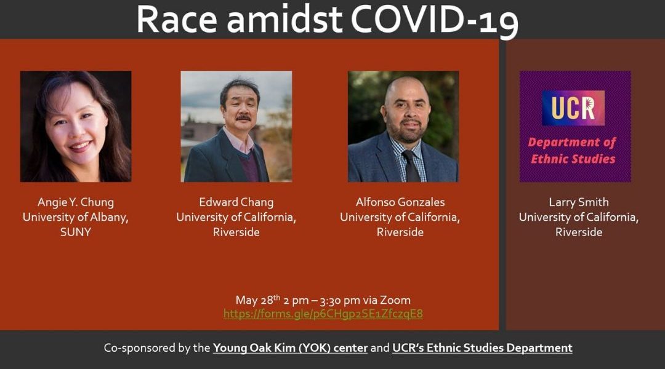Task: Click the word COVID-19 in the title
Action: (435, 20)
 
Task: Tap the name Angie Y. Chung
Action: (76, 202)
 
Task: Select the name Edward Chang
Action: (236, 202)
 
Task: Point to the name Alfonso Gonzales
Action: (400, 202)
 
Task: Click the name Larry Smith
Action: (579, 202)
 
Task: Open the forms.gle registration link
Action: (323, 314)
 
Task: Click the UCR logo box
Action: (573, 108)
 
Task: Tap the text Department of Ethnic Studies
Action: (572, 151)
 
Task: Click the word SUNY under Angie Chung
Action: (76, 232)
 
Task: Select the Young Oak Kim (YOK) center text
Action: (290, 348)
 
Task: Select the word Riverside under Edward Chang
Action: (236, 232)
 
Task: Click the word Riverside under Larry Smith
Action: (579, 232)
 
